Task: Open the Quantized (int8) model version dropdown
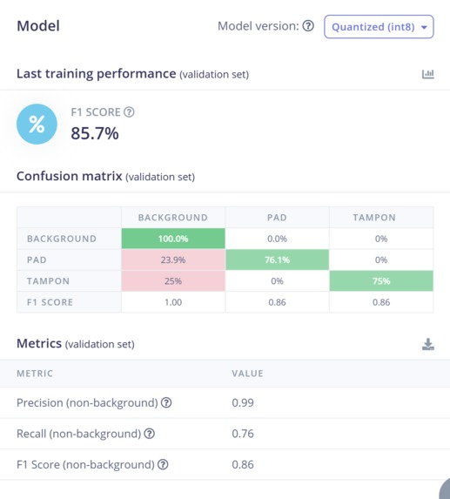point(378,27)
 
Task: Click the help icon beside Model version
point(307,26)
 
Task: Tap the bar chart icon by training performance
point(427,74)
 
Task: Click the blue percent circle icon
point(37,125)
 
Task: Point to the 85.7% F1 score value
point(95,133)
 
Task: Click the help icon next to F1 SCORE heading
point(129,111)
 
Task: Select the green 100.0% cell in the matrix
point(172,239)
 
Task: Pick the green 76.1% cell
point(277,260)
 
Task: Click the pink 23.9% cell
point(172,260)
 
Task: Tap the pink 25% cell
point(172,281)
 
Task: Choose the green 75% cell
point(380,281)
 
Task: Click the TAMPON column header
point(380,217)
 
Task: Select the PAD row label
point(37,260)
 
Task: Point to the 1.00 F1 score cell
point(172,302)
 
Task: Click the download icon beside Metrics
point(427,345)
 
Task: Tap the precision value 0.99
point(243,402)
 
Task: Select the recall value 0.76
point(243,433)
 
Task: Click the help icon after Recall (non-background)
point(149,434)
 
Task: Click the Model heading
point(38,26)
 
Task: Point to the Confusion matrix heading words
point(69,176)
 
